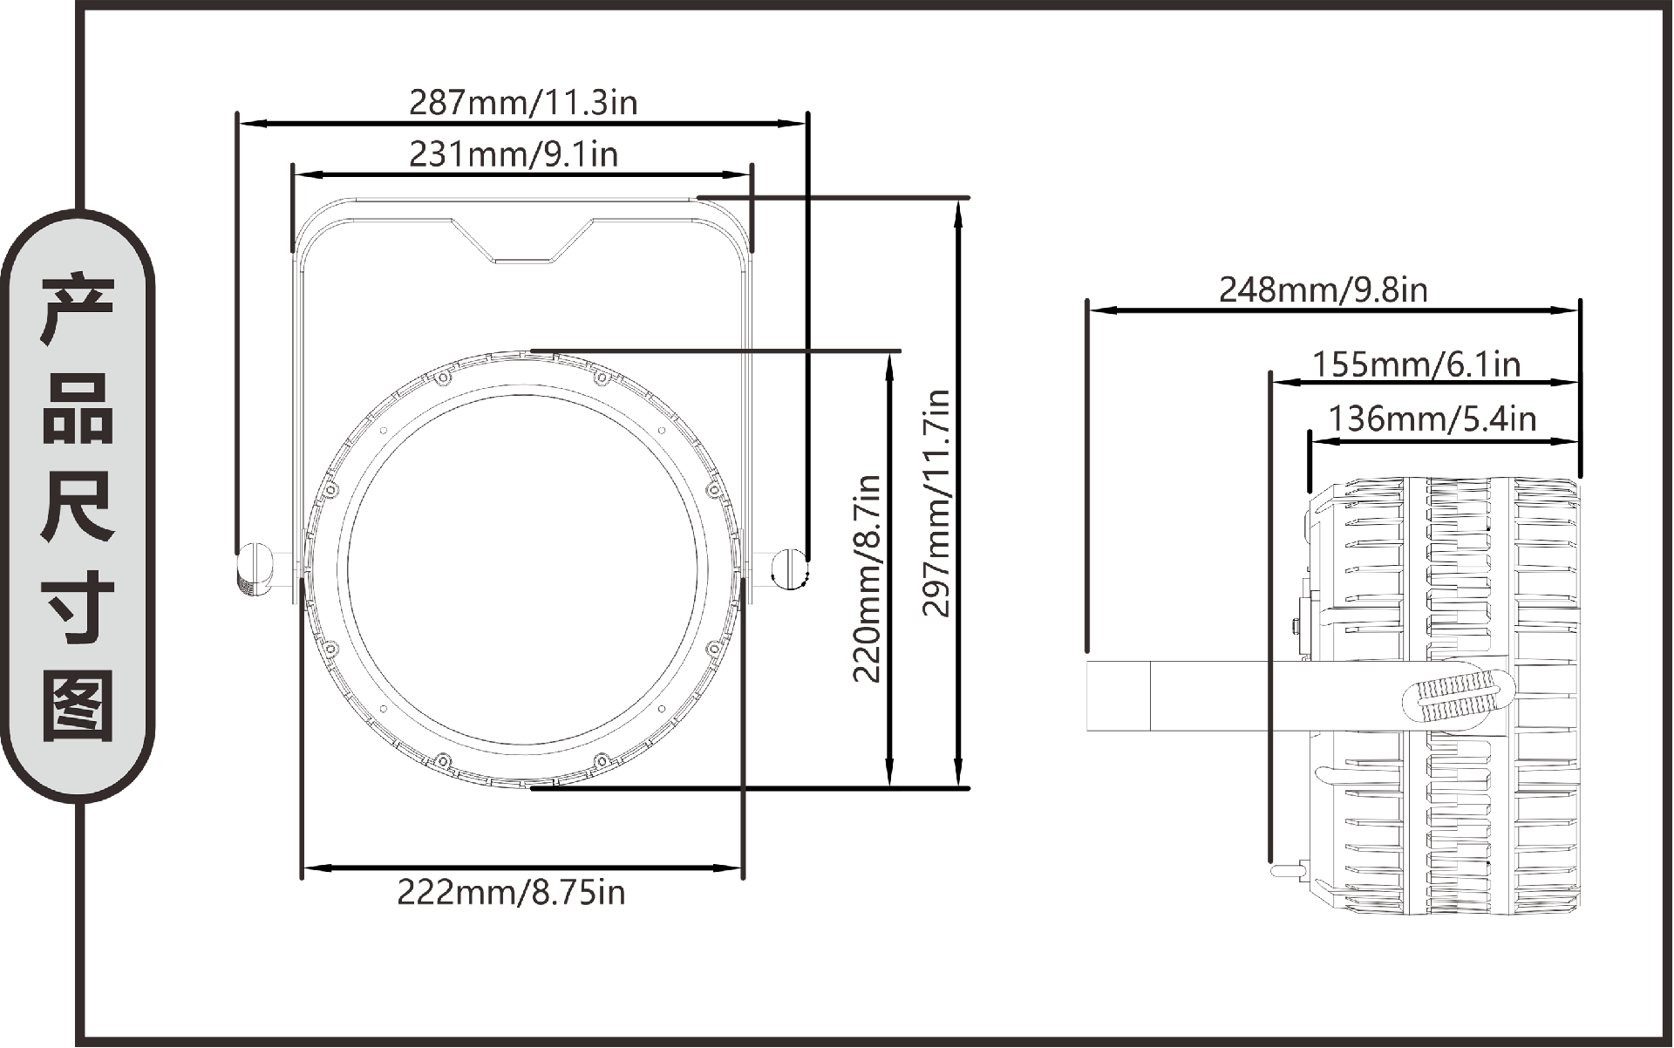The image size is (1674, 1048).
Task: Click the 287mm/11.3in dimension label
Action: pyautogui.click(x=523, y=103)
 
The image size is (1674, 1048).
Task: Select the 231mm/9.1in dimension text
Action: pyautogui.click(x=514, y=154)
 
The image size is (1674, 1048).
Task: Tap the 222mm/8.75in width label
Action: pyautogui.click(x=511, y=893)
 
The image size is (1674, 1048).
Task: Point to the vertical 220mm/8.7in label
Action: pyautogui.click(x=867, y=578)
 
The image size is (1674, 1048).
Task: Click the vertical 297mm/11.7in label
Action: pyautogui.click(x=937, y=503)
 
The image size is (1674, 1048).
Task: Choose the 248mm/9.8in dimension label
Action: pyautogui.click(x=1323, y=289)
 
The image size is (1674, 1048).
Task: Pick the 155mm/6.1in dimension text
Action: pyautogui.click(x=1417, y=364)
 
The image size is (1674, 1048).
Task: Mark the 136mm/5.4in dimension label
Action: pyautogui.click(x=1432, y=419)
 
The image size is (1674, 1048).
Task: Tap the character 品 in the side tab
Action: pyautogui.click(x=78, y=409)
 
